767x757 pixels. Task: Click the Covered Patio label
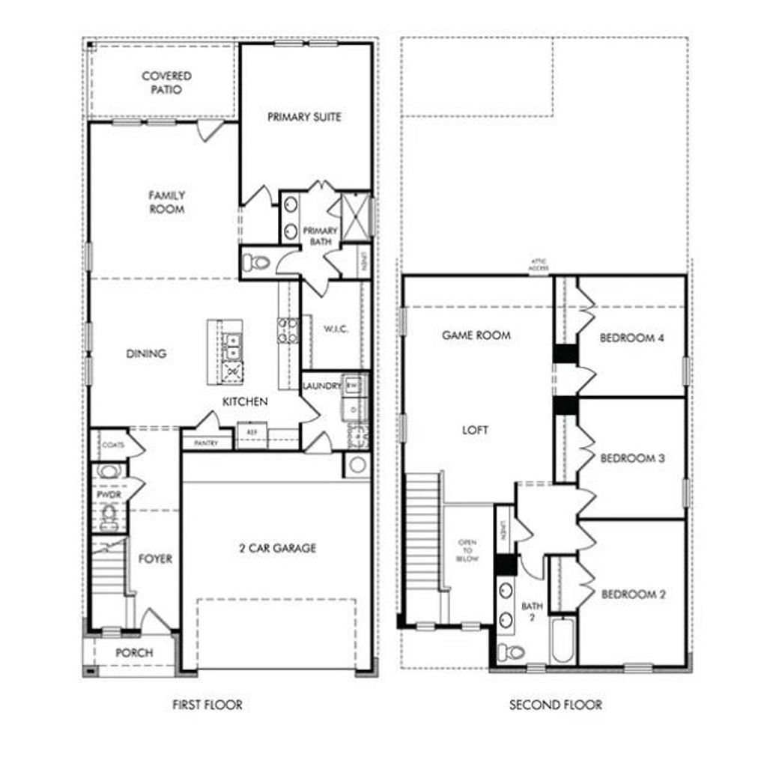[x=166, y=82]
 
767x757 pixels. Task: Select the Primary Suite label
[x=304, y=117]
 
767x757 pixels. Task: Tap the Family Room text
[x=166, y=202]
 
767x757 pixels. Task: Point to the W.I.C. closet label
[x=336, y=329]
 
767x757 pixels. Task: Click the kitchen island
[x=225, y=351]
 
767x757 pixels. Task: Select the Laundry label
[x=322, y=386]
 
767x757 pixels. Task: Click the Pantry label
[x=206, y=443]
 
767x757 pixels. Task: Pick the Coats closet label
[x=112, y=445]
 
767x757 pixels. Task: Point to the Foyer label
[x=155, y=559]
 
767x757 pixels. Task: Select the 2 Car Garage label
[x=277, y=548]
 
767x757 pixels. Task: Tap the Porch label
[x=134, y=653]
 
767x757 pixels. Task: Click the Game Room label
[x=476, y=335]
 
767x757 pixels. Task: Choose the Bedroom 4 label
[x=632, y=338]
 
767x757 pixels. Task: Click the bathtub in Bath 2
[x=563, y=640]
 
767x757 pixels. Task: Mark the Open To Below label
[x=467, y=550]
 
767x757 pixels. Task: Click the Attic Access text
[x=539, y=266]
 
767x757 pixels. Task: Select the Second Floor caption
[x=555, y=705]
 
